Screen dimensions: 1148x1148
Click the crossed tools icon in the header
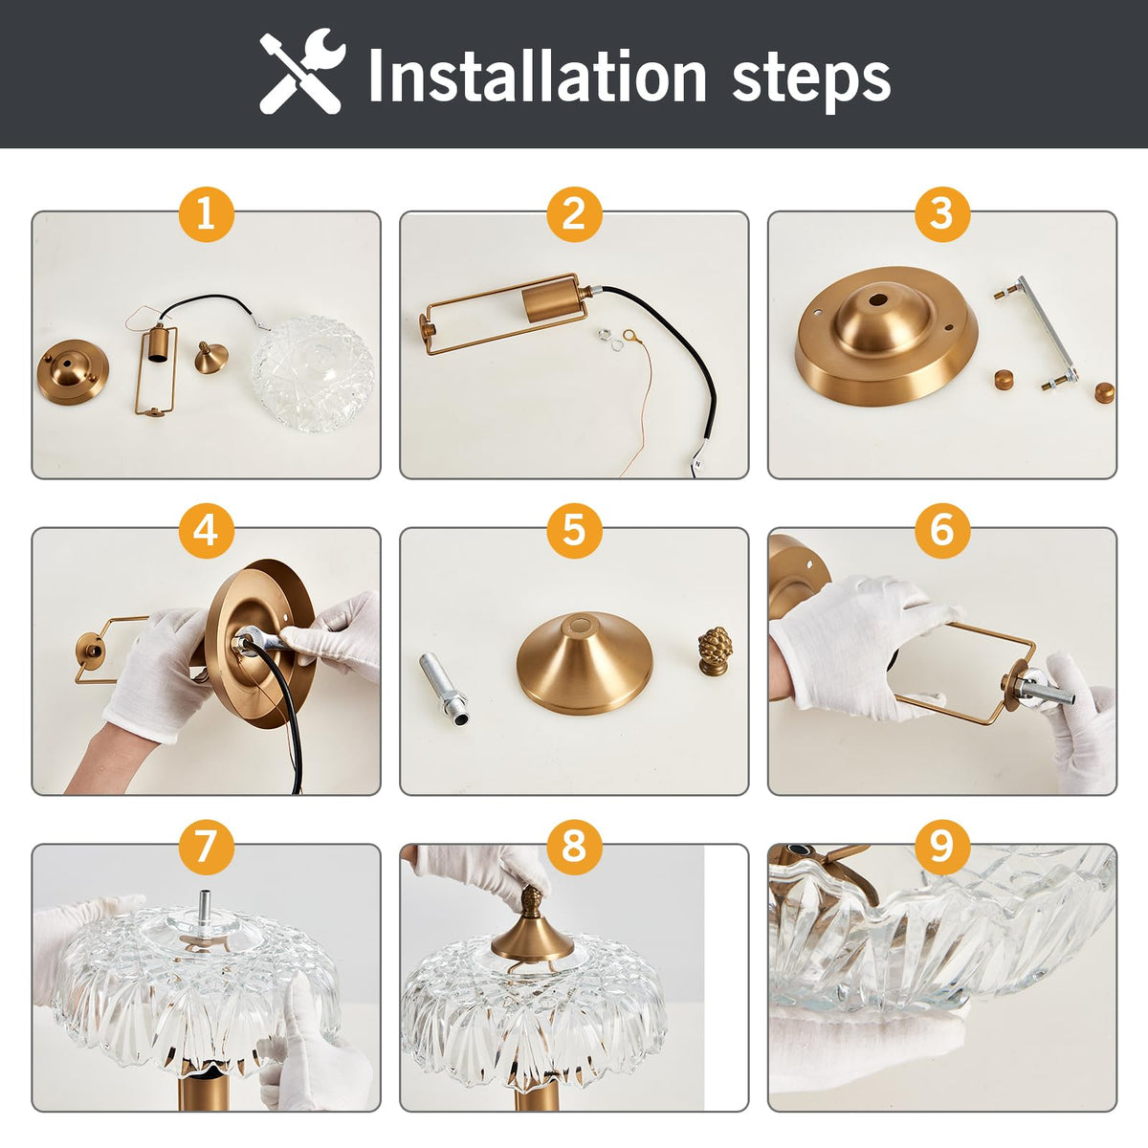pyautogui.click(x=302, y=71)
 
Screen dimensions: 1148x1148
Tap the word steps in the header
pyautogui.click(x=811, y=81)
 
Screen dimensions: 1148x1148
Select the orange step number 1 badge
pyautogui.click(x=206, y=214)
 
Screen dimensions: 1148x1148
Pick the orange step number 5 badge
pyautogui.click(x=574, y=531)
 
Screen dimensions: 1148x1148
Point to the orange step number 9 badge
pyautogui.click(x=942, y=848)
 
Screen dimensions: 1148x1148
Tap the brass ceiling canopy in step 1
pyautogui.click(x=73, y=372)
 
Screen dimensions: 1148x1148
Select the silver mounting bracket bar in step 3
pyautogui.click(x=1038, y=331)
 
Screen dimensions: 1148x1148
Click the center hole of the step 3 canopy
pyautogui.click(x=877, y=298)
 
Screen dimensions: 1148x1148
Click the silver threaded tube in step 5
pyautogui.click(x=444, y=688)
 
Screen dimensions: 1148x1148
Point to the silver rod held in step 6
pyautogui.click(x=1048, y=690)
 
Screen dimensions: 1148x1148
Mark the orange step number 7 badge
pyautogui.click(x=206, y=848)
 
